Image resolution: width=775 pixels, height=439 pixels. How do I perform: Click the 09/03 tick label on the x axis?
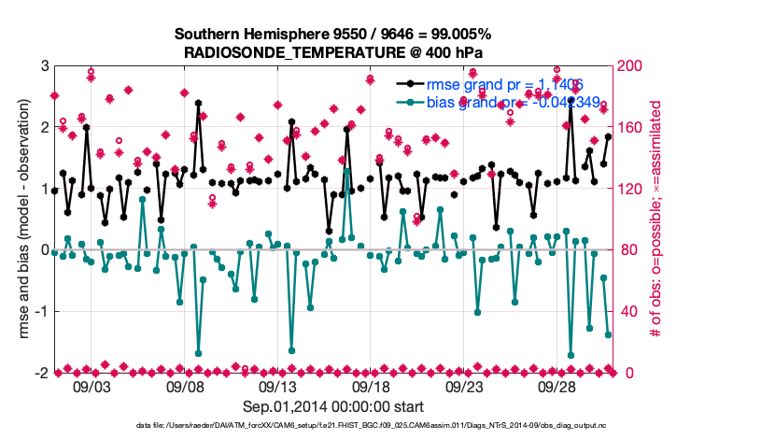point(91,387)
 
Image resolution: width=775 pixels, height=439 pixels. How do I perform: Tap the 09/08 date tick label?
point(184,387)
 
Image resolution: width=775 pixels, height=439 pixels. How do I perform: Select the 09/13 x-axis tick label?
point(277,387)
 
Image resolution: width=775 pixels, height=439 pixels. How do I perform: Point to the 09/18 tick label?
point(371,387)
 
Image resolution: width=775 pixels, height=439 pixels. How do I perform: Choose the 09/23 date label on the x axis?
point(464,387)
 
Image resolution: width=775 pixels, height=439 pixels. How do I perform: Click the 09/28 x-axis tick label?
point(557,387)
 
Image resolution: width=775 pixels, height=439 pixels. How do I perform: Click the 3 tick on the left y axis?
point(44,66)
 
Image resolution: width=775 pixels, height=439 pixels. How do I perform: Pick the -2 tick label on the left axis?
point(41,373)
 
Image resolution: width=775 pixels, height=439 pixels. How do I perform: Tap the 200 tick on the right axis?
point(632,66)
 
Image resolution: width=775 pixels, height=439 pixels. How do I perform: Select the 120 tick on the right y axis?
point(632,189)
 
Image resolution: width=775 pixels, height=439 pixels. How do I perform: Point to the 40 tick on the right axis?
point(628,311)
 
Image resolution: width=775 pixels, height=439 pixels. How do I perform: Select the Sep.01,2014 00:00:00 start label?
point(333,406)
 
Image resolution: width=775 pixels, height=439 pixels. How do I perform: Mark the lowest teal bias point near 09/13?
point(291,350)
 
